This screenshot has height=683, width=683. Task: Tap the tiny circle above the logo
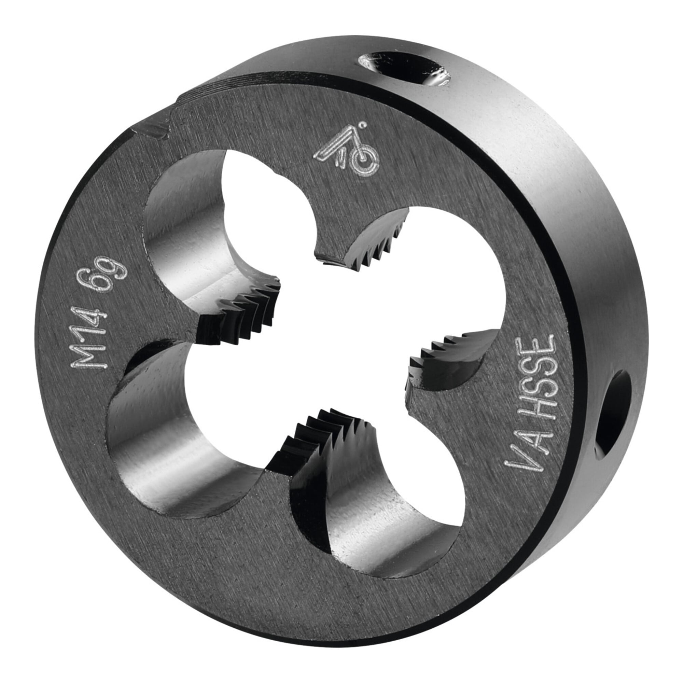362,125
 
